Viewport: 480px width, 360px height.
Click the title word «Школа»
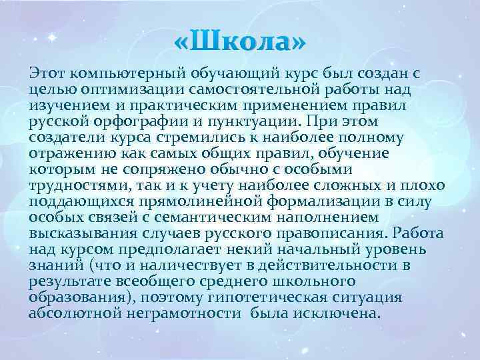tap(240, 43)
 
